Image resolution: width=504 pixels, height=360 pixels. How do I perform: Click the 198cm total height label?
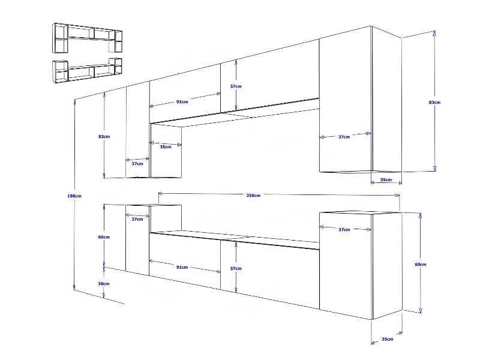(74, 196)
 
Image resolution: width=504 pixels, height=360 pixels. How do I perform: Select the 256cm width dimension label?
(253, 195)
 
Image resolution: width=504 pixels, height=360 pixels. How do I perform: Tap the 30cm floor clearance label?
(104, 283)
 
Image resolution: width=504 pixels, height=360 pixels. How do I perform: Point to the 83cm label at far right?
(434, 102)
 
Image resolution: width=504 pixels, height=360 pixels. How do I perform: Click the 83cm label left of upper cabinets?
(104, 136)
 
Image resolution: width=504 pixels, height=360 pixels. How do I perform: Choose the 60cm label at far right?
(421, 264)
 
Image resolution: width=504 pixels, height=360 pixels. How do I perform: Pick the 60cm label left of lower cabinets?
(104, 237)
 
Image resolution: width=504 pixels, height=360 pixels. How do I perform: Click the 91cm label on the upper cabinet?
(182, 101)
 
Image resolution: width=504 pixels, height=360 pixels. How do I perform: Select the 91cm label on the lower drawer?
(182, 267)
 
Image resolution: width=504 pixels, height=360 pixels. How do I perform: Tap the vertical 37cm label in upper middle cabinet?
(236, 86)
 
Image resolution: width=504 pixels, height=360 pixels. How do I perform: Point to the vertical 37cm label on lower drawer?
(236, 268)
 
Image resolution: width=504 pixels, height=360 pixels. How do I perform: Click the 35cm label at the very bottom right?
(388, 339)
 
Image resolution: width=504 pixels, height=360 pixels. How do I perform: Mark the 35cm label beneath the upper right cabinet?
(386, 179)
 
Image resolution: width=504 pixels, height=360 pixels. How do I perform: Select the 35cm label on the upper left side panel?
(166, 146)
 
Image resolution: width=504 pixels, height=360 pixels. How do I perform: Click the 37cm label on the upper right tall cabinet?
(344, 137)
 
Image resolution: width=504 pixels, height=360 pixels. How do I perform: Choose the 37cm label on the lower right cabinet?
(344, 229)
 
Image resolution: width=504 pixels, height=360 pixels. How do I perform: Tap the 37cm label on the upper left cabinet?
(137, 164)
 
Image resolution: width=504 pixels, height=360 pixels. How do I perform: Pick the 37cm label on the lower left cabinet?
(137, 219)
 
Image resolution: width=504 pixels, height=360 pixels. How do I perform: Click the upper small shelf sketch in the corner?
(87, 38)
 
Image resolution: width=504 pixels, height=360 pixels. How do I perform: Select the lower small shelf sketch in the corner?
(87, 70)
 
